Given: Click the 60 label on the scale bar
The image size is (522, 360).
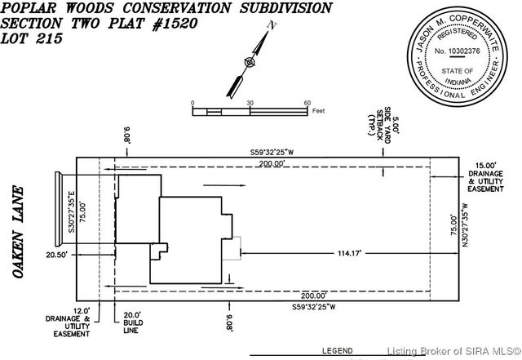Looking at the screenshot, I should [307, 103].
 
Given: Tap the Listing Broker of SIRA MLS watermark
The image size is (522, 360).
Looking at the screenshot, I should [453, 352].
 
